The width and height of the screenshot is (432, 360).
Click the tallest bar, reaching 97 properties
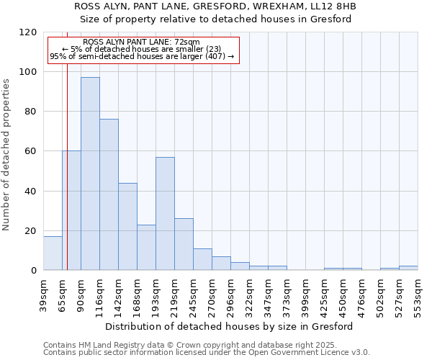tap(90, 174)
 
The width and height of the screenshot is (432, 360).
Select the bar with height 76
tap(109, 194)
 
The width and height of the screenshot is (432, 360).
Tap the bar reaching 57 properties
tap(165, 213)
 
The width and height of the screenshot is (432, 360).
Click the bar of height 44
tap(127, 227)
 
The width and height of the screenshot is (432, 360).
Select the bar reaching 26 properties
tap(184, 245)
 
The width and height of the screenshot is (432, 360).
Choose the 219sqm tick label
tap(175, 294)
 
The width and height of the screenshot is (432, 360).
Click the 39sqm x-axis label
tap(44, 294)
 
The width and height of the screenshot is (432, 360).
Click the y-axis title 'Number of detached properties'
tap(7, 155)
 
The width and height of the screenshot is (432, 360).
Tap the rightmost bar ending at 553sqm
tap(408, 268)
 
